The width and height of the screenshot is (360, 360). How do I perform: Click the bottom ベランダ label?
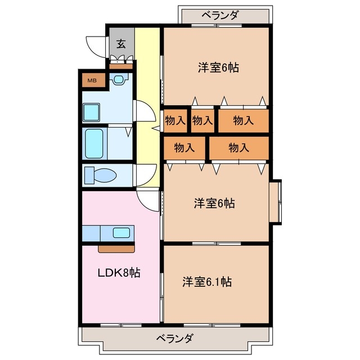tap(174, 339)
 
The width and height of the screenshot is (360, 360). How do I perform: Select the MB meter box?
tap(91, 80)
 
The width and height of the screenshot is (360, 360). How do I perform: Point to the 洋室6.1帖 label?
tap(207, 281)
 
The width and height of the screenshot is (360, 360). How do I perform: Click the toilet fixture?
tap(100, 175)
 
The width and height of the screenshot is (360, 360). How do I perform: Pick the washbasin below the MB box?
tap(119, 79)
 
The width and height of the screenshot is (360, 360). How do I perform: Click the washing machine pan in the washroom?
tap(91, 112)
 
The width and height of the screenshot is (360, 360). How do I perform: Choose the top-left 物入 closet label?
tap(174, 120)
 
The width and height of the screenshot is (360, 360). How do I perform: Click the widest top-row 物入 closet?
tap(243, 120)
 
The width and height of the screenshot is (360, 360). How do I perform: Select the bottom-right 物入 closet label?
tap(238, 148)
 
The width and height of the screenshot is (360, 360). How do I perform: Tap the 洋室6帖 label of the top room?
tap(218, 68)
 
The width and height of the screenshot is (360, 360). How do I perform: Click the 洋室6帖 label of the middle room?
tap(214, 204)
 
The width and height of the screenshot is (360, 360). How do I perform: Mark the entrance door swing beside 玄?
tap(97, 46)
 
